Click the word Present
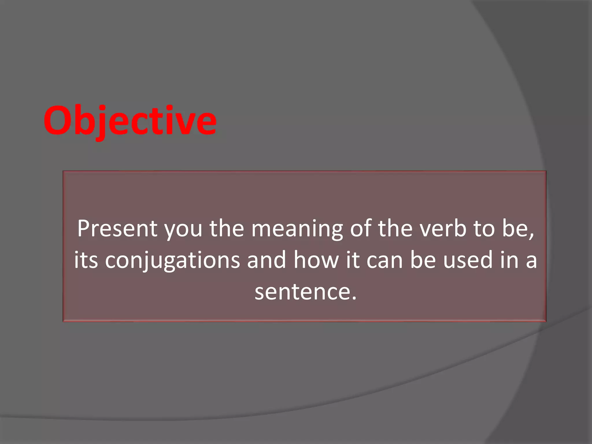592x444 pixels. click(x=117, y=229)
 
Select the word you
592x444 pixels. click(x=183, y=230)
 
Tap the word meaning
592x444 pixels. click(x=297, y=230)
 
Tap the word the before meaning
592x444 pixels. click(x=227, y=229)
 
